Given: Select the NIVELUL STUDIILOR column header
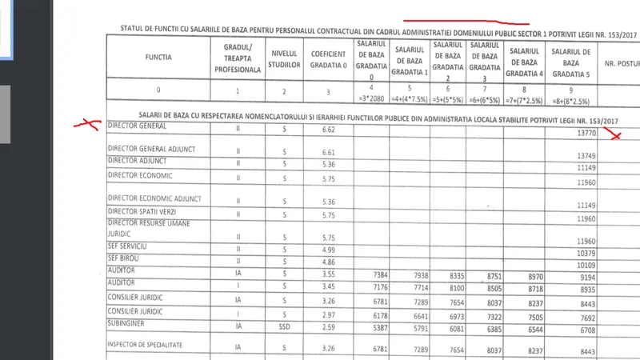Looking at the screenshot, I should click(283, 58).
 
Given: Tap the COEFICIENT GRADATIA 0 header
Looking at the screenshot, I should click(328, 58).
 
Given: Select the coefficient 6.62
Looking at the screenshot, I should click(328, 130).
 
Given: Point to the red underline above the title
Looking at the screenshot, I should click(468, 21).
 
